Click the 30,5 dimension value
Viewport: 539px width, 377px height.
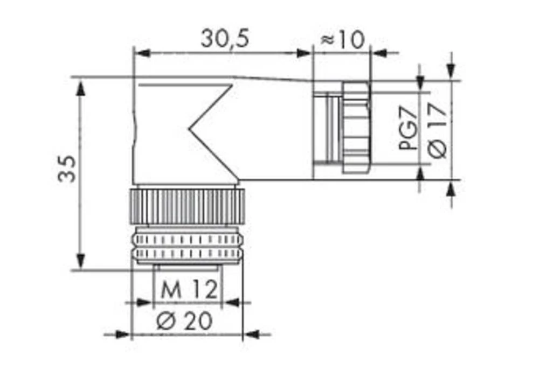[x=225, y=39]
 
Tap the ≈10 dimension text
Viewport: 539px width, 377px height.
[x=342, y=39]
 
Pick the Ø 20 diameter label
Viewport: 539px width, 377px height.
[x=184, y=321]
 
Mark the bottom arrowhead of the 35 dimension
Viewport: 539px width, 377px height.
[x=81, y=262]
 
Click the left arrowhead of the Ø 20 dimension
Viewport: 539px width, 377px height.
[x=123, y=334]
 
